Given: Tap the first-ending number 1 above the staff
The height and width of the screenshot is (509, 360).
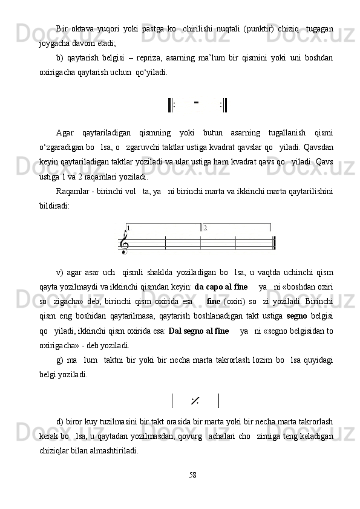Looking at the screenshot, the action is click(128, 229).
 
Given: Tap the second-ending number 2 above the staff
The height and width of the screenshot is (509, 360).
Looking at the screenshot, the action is click(206, 229).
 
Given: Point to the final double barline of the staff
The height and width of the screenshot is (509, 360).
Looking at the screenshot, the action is click(274, 243).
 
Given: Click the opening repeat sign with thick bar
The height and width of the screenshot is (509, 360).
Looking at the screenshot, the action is click(171, 105).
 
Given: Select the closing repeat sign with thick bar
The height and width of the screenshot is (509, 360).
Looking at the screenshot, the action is click(224, 105).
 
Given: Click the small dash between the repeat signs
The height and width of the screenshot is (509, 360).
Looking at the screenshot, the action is click(197, 102).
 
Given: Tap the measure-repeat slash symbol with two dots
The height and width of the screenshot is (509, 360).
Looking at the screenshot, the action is click(195, 400).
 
